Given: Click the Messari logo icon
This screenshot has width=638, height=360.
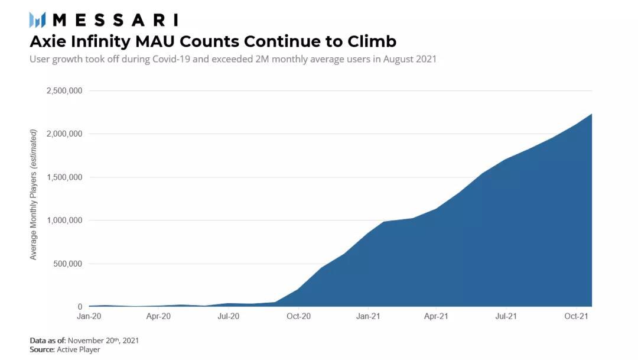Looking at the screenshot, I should (x=37, y=20).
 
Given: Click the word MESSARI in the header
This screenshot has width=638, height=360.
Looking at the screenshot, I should (x=115, y=20).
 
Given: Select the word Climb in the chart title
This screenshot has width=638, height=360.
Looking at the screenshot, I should (x=372, y=41).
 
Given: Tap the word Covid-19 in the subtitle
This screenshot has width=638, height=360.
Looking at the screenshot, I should (x=176, y=59).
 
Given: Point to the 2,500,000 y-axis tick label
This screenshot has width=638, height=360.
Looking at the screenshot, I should (x=64, y=91).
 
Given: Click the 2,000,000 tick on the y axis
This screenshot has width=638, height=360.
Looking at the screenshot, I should (x=64, y=134).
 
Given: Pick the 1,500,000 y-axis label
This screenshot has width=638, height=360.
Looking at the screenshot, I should (x=64, y=177).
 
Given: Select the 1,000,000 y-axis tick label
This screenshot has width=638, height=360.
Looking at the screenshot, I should (x=64, y=220).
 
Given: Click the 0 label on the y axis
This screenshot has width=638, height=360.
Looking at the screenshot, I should (x=80, y=307).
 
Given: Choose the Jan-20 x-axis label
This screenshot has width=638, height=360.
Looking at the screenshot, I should (x=89, y=317).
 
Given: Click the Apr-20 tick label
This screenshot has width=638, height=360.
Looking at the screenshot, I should (x=158, y=317).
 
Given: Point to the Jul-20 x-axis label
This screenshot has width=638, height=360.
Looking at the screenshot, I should (x=228, y=317).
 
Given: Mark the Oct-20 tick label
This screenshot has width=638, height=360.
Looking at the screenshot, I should (x=298, y=317).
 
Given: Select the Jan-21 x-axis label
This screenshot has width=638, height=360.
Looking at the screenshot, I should (x=368, y=317).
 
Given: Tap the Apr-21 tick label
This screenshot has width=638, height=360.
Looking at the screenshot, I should (x=436, y=317).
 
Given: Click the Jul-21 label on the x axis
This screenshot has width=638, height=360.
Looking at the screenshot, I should (x=506, y=317).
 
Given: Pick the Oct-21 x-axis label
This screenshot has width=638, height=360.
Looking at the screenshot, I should (x=576, y=317).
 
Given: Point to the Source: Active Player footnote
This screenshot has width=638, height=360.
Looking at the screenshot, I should (x=64, y=350).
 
